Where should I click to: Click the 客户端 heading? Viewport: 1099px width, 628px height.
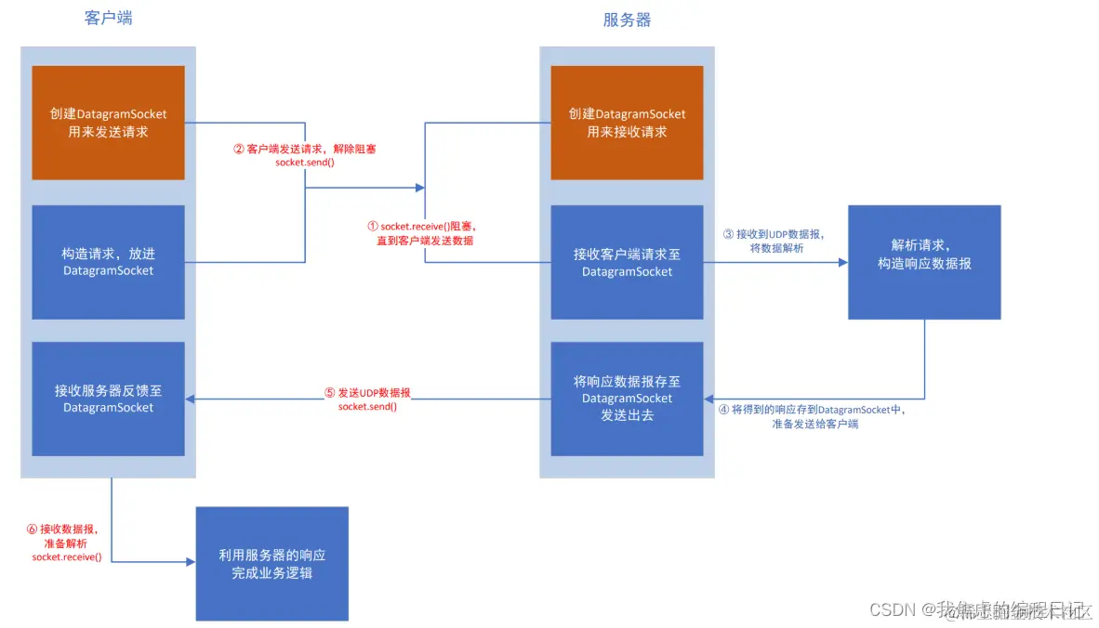[x=108, y=18]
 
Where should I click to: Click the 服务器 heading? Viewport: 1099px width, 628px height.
[x=627, y=20]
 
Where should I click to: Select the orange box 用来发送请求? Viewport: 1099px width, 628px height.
[x=109, y=123]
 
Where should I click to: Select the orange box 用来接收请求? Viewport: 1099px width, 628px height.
[x=627, y=123]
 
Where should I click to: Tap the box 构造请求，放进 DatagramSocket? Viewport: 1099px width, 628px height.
[x=109, y=261]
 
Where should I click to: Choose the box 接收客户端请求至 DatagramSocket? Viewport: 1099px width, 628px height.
[x=627, y=261]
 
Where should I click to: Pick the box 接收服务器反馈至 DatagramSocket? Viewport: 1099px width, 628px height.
[x=109, y=399]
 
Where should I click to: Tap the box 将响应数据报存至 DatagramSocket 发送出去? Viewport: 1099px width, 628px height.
[x=627, y=399]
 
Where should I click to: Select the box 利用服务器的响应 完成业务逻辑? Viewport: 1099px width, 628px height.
[x=271, y=563]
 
